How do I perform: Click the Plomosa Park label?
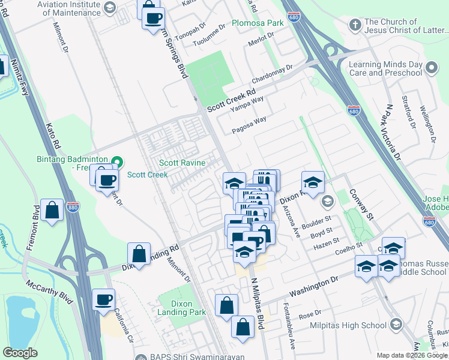point(258,23)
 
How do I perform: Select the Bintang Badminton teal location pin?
point(117,162)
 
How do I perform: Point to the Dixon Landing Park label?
point(181,308)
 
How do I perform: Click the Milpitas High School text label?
point(348,325)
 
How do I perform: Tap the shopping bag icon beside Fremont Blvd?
point(52,211)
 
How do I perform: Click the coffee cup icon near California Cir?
point(103,299)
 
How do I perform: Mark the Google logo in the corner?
point(20,353)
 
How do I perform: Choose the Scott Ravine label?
point(182,163)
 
